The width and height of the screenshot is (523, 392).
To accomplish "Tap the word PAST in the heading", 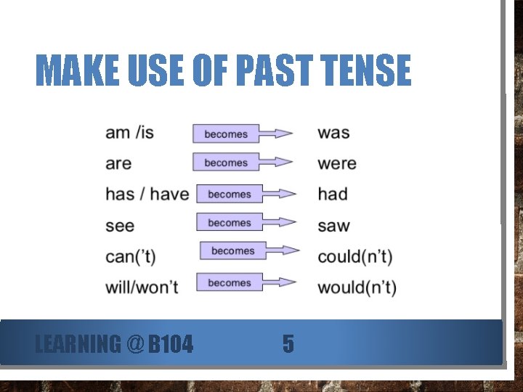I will [265, 71].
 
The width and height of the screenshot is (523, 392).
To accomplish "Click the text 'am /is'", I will [129, 133].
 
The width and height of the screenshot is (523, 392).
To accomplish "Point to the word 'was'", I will [333, 133].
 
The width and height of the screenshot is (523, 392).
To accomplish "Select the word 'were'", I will [337, 163].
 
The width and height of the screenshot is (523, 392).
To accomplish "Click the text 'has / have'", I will [147, 194].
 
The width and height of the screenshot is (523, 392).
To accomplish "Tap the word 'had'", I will [333, 194].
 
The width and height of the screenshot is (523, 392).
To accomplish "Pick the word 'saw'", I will [333, 226].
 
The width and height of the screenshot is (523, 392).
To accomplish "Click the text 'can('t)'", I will [131, 256].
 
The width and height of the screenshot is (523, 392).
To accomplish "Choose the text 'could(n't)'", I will [354, 256].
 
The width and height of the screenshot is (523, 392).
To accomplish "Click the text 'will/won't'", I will [142, 287].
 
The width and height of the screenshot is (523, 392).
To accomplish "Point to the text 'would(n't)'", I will [357, 287].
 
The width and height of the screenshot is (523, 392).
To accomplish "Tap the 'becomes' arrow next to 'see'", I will [246, 223].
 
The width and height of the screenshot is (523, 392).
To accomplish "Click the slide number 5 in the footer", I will [288, 343].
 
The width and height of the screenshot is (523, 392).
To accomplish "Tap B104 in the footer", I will [171, 343].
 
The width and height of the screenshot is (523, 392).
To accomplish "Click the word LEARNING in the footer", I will [78, 343].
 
